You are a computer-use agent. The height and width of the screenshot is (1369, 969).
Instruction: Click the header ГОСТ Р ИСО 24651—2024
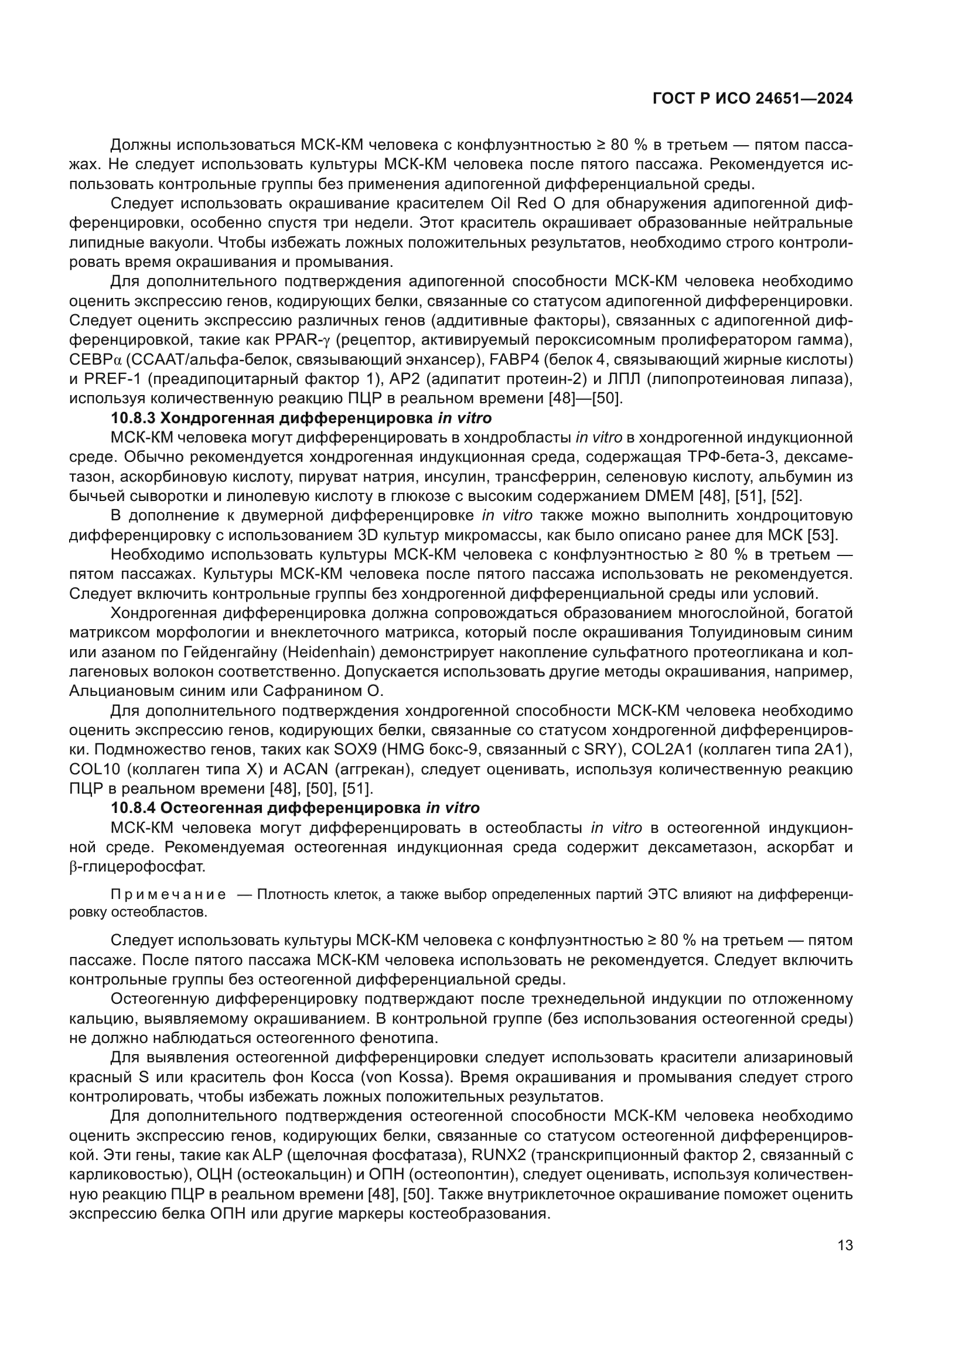coord(752,99)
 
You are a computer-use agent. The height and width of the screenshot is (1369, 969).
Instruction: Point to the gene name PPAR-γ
coord(302,340)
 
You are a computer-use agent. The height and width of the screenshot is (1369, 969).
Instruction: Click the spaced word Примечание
coord(168,894)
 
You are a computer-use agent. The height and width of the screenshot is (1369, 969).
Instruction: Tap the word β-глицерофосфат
coord(137,867)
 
